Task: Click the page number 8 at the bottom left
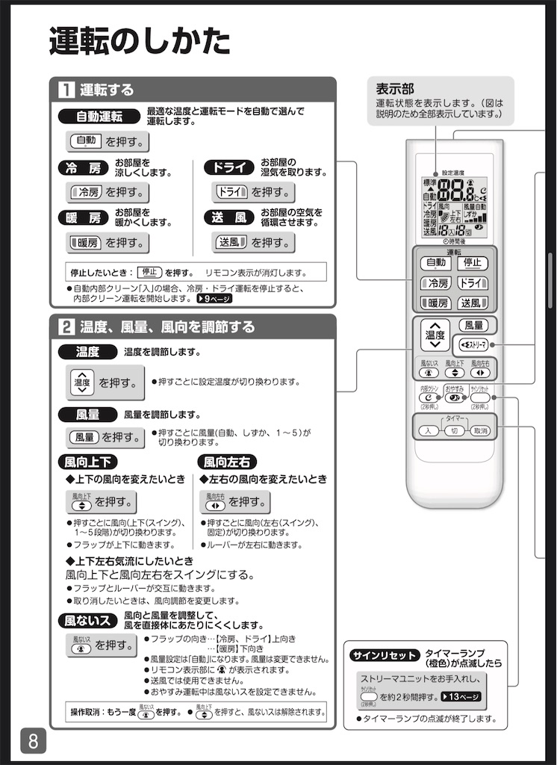point(34,741)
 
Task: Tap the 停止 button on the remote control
point(472,263)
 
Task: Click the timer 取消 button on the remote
point(480,431)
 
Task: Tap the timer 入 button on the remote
point(428,431)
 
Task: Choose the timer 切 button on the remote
point(454,431)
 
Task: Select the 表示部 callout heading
point(395,88)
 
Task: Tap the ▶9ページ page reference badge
point(214,298)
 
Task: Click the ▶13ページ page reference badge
point(461,696)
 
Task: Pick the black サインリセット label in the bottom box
point(384,655)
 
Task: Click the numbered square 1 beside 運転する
point(66,90)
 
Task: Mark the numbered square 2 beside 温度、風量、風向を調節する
point(66,326)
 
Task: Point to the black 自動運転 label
point(99,116)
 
